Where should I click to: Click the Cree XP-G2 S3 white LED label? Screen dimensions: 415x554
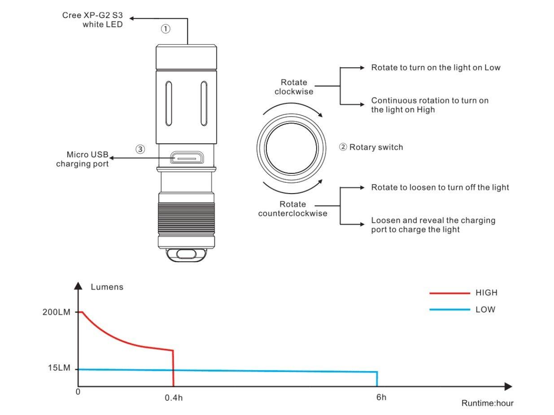coord(92,20)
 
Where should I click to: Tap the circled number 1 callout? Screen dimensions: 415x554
coord(166,29)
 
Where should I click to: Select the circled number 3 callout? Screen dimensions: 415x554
coord(140,149)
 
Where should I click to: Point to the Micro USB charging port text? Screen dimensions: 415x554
coord(83,160)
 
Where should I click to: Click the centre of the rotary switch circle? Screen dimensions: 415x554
coord(291,147)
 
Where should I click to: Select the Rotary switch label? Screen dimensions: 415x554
coord(371,147)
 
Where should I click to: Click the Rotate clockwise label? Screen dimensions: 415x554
coord(294,87)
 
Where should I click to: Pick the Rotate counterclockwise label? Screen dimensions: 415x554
coord(293,209)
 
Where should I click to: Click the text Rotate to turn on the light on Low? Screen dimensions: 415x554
coord(436,68)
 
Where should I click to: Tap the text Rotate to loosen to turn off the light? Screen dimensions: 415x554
coord(440,187)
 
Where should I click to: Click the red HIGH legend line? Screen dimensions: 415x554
coord(449,293)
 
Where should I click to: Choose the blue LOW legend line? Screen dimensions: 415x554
coord(449,310)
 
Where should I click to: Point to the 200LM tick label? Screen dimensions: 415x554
coord(57,312)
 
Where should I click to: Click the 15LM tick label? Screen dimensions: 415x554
coord(59,368)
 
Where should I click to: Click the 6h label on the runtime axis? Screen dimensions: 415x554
coord(381,397)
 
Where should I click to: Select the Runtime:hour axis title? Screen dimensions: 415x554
coord(487,403)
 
